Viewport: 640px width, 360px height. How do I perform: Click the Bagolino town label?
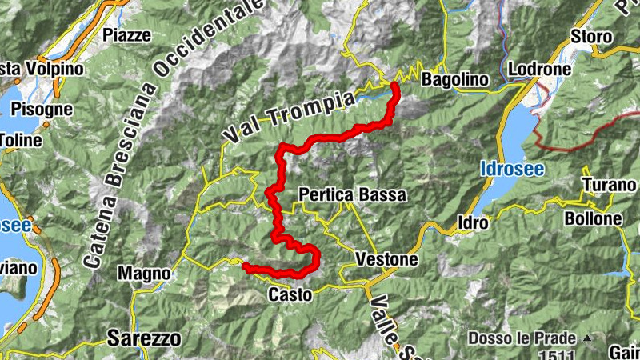[x=453, y=79]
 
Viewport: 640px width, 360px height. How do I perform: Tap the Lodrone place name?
[x=539, y=69]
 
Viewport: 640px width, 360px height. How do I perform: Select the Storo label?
[x=591, y=37]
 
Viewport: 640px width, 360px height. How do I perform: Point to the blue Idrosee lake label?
[x=513, y=169]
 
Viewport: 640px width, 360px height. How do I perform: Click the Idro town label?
[x=472, y=222]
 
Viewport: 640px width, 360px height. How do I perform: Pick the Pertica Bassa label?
[x=352, y=194]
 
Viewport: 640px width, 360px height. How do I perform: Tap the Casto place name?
[x=289, y=294]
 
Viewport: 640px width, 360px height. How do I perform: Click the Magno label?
[x=144, y=274]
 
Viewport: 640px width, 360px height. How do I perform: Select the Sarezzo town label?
[x=144, y=338]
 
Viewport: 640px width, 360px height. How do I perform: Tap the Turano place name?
[x=608, y=186]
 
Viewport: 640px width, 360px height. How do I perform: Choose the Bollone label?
[x=593, y=218]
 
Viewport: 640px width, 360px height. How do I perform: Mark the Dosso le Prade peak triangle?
[x=588, y=338]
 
